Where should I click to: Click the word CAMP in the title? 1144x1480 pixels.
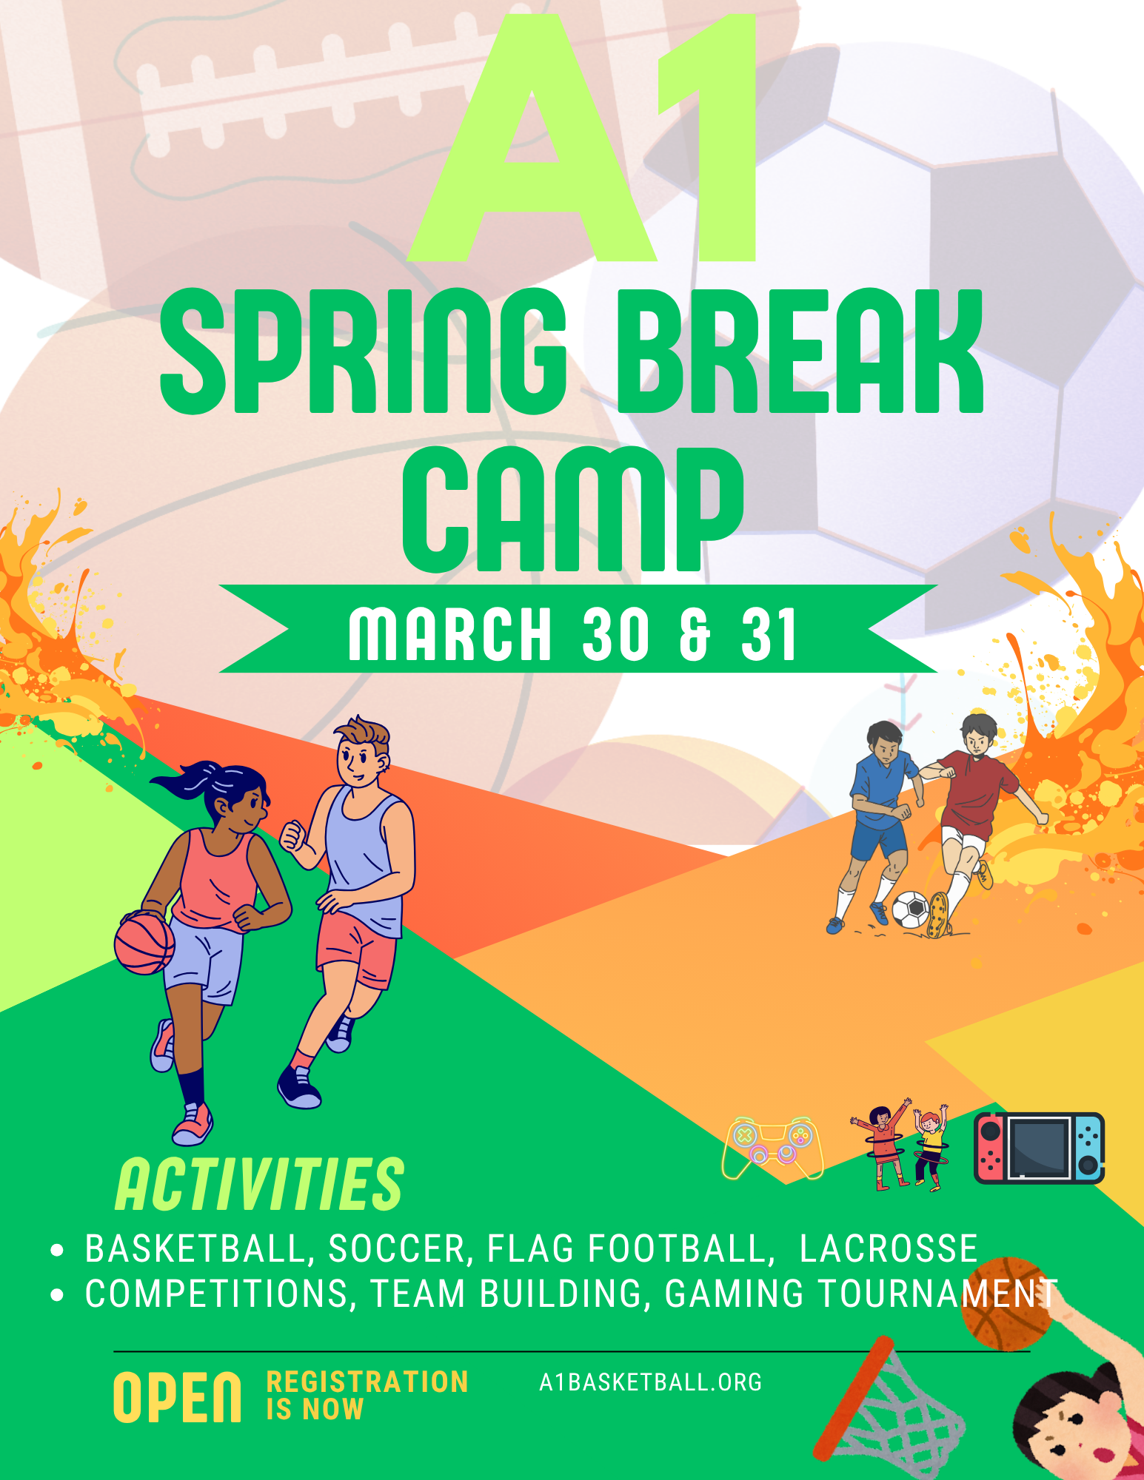pos(572,511)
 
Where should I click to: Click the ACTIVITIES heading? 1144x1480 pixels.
pos(259,1185)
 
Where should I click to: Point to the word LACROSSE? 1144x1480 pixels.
pos(889,1249)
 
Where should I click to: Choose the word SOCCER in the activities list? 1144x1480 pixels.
pos(396,1249)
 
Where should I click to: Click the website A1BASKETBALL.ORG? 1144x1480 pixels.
pos(650,1382)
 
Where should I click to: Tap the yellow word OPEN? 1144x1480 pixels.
pos(178,1397)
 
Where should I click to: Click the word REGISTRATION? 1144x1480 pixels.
pos(367,1382)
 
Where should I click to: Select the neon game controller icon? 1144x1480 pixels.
pos(773,1147)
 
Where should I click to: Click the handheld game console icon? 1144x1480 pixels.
pos(1039,1148)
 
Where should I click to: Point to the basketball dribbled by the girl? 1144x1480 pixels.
pos(144,943)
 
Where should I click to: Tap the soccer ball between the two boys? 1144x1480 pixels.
pos(910,909)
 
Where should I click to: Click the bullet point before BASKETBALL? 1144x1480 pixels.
pos(57,1251)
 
